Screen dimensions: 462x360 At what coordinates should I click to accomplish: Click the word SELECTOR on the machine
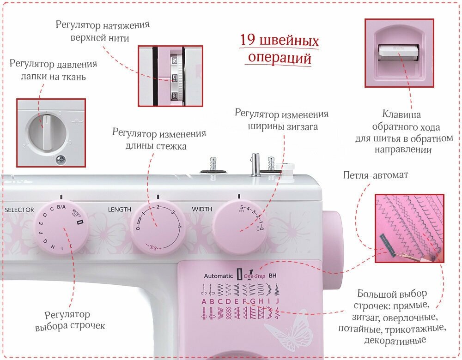pos(19,210)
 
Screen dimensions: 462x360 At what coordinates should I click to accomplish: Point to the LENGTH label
pos(120,210)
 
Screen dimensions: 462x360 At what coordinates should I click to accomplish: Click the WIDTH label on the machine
pos(202,210)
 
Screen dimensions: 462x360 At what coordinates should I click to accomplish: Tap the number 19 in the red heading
pos(249,41)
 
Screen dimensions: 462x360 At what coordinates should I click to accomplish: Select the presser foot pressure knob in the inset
pos(47,131)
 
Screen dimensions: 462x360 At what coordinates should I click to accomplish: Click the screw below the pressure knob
pos(61,160)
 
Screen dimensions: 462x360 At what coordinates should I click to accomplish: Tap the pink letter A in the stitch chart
pos(204,302)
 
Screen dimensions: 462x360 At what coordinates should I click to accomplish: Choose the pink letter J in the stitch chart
pos(277,302)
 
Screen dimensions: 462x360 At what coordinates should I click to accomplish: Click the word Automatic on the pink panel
pos(219,276)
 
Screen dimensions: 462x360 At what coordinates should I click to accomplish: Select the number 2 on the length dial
pos(158,207)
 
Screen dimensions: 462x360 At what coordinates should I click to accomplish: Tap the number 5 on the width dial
pos(241,207)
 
